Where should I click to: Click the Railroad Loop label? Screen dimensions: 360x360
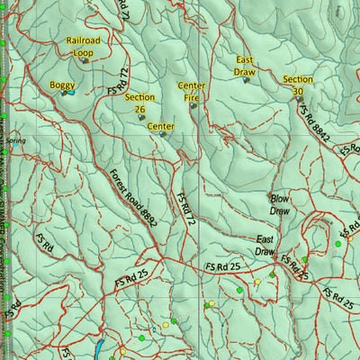[83, 47]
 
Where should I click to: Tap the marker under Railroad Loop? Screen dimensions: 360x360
[85, 60]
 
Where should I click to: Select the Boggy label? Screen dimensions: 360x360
[62, 85]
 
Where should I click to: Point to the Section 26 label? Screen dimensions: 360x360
[139, 103]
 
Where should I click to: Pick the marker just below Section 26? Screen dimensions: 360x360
[141, 117]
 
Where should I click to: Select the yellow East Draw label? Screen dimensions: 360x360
[245, 65]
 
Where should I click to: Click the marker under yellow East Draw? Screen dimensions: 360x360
[246, 79]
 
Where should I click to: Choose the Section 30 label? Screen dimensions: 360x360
[298, 85]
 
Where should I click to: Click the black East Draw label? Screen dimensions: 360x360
[265, 246]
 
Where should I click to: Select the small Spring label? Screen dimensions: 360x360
[14, 141]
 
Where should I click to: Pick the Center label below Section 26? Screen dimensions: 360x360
[160, 127]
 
